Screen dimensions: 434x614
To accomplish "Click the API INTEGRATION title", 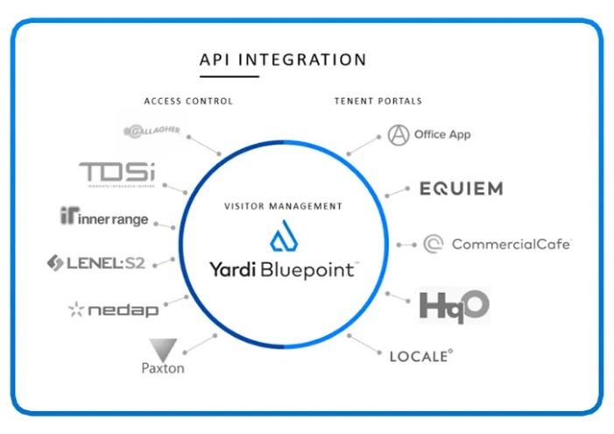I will point(283,60).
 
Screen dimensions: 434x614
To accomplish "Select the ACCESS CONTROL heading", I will point(188,101).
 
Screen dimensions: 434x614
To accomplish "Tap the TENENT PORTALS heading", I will point(378,101).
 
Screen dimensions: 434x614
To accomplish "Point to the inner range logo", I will point(105,217).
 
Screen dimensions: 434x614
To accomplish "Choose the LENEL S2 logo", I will point(97,262).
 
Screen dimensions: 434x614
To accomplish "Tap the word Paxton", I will point(163,368).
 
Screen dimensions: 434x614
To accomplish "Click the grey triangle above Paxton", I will point(163,348).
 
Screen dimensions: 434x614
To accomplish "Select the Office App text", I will point(442,134).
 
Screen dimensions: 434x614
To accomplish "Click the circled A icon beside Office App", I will point(399,134).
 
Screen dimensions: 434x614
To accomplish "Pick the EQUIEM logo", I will point(461,189).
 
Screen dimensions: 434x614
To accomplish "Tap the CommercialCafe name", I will point(511,244).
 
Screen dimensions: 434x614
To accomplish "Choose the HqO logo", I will point(454,305).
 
